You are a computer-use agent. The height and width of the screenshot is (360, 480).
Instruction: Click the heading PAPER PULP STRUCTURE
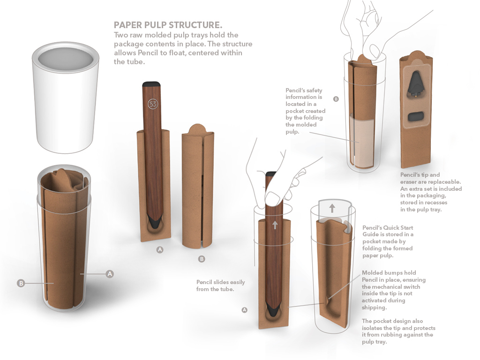168,24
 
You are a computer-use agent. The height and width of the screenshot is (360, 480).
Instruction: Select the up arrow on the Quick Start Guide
332,208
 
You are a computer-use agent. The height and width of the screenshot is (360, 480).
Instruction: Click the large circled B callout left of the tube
21,283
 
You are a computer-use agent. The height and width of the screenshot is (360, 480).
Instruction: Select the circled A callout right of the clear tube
110,274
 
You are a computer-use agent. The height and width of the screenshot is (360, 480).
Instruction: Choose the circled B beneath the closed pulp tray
202,258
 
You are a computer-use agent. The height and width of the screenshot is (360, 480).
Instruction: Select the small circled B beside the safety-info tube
336,99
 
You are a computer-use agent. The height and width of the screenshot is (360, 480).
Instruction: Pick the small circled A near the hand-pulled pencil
244,310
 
